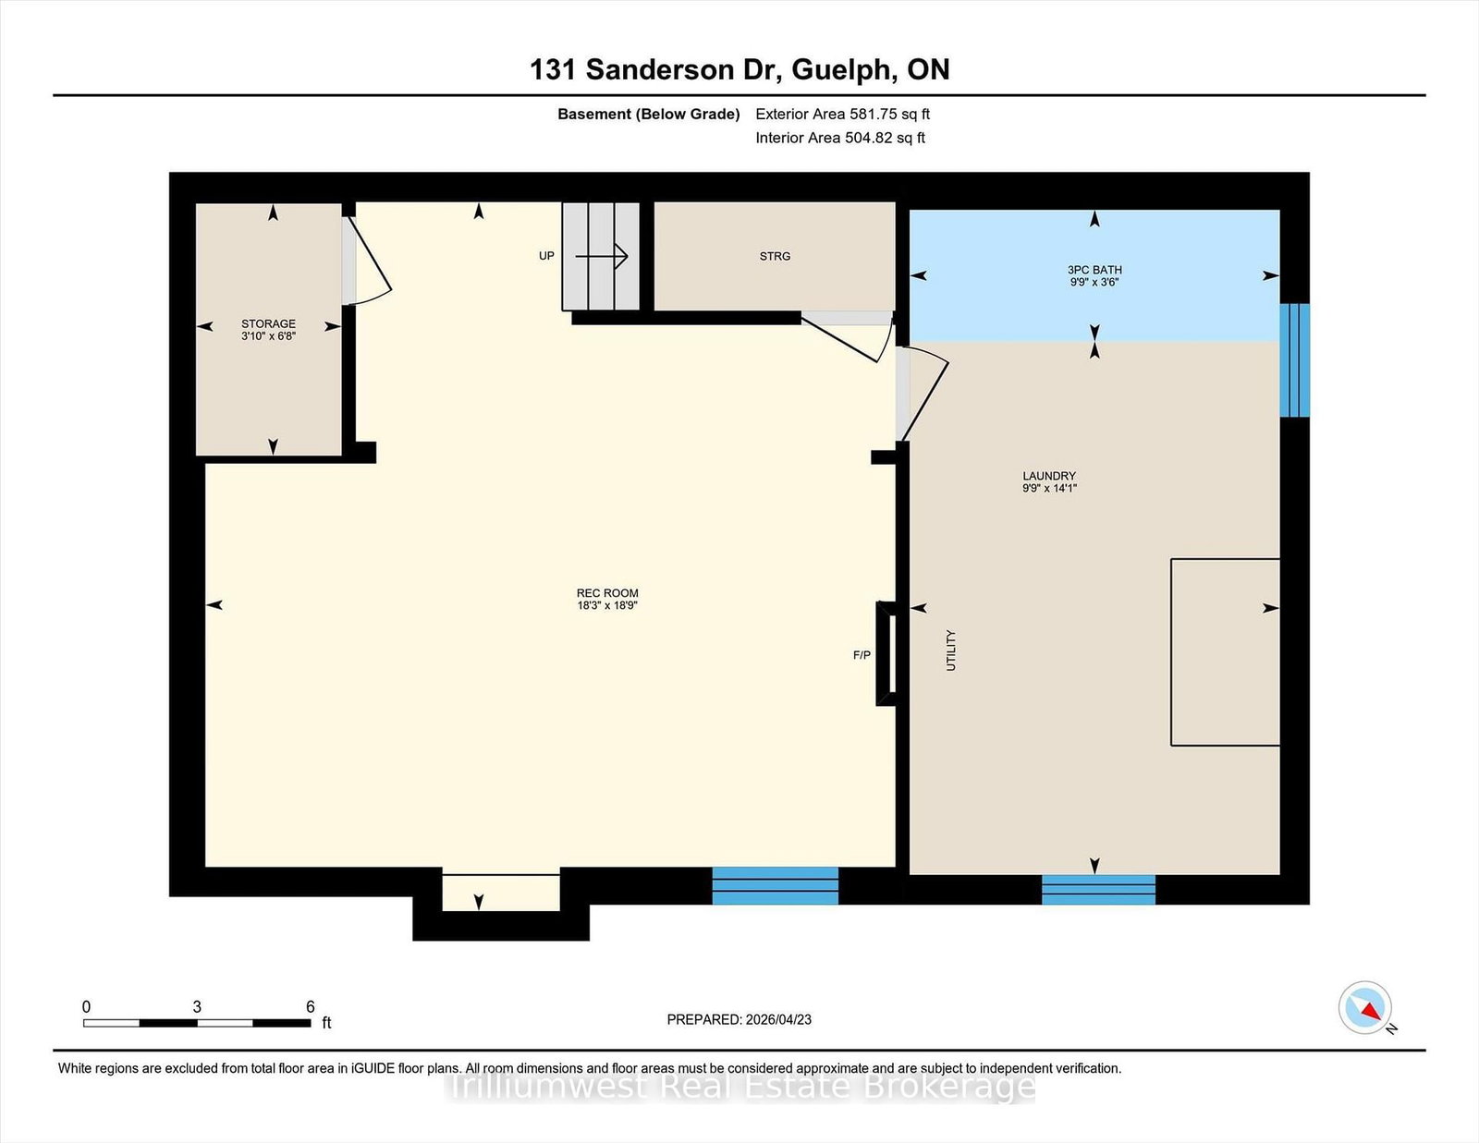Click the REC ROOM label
coord(607,600)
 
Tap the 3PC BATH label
coord(1094,275)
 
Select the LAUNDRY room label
coord(1049,481)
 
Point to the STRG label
coord(775,257)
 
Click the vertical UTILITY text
coord(951,651)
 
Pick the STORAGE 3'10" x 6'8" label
coord(268,329)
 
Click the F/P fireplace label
coord(862,655)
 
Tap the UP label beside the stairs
coord(546,256)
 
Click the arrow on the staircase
coord(601,257)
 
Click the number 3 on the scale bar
coord(197,1007)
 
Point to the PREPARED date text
coord(739,1020)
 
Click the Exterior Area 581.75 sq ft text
coord(843,115)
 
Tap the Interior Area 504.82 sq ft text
coord(840,138)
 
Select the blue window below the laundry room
coord(1098,890)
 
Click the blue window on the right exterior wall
coord(1294,360)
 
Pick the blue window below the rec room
coord(776,886)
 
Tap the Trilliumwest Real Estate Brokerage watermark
coord(740,1087)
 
